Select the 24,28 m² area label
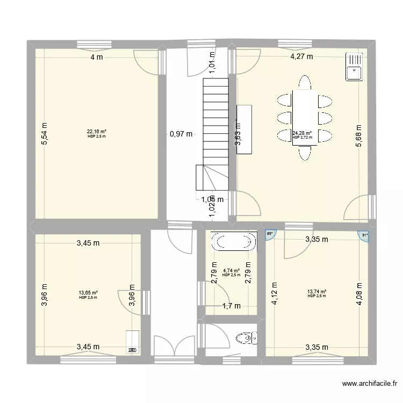(x=302, y=133)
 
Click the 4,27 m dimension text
(x=301, y=57)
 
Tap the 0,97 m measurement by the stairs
(x=181, y=134)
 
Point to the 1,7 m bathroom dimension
(x=231, y=306)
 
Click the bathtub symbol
(x=234, y=241)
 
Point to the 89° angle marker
(x=270, y=234)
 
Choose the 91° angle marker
(x=364, y=234)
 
